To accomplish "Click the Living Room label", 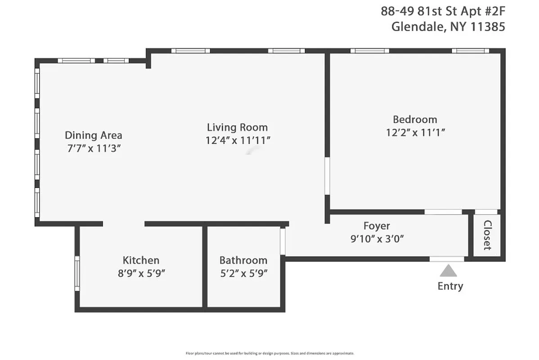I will [x=237, y=127].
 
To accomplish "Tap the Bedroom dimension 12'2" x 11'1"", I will [x=415, y=132].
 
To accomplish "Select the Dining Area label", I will [x=94, y=135].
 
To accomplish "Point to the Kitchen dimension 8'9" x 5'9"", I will [x=141, y=273].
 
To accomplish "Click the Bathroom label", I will [x=243, y=260].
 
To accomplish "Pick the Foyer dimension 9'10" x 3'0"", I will [x=377, y=238].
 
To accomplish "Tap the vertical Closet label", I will [x=487, y=235].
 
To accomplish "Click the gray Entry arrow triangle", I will [x=448, y=271].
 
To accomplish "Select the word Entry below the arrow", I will [x=450, y=286].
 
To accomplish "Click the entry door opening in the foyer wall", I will [x=446, y=259].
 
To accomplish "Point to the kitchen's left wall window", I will [x=77, y=273].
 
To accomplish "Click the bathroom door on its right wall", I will [x=283, y=242].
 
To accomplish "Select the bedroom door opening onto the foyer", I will [x=442, y=212].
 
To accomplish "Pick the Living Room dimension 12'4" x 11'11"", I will [x=237, y=140].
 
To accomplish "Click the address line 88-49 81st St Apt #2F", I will [x=443, y=11].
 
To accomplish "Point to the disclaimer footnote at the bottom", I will [x=269, y=353].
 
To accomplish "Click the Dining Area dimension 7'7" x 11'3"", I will [x=94, y=148].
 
